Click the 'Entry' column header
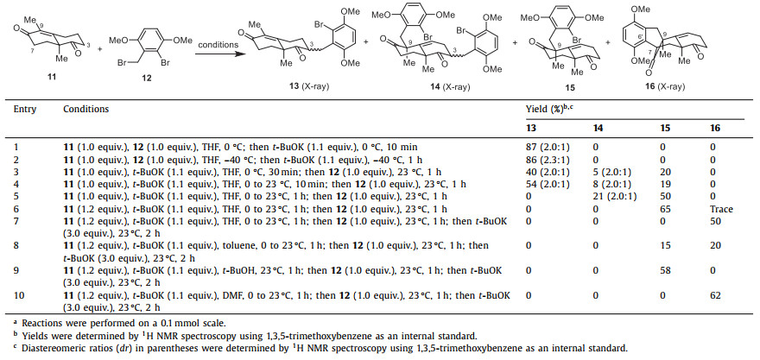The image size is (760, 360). [25, 111]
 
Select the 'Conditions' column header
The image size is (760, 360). [85, 111]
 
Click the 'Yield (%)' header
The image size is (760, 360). [551, 111]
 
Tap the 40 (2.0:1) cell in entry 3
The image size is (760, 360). [547, 173]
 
